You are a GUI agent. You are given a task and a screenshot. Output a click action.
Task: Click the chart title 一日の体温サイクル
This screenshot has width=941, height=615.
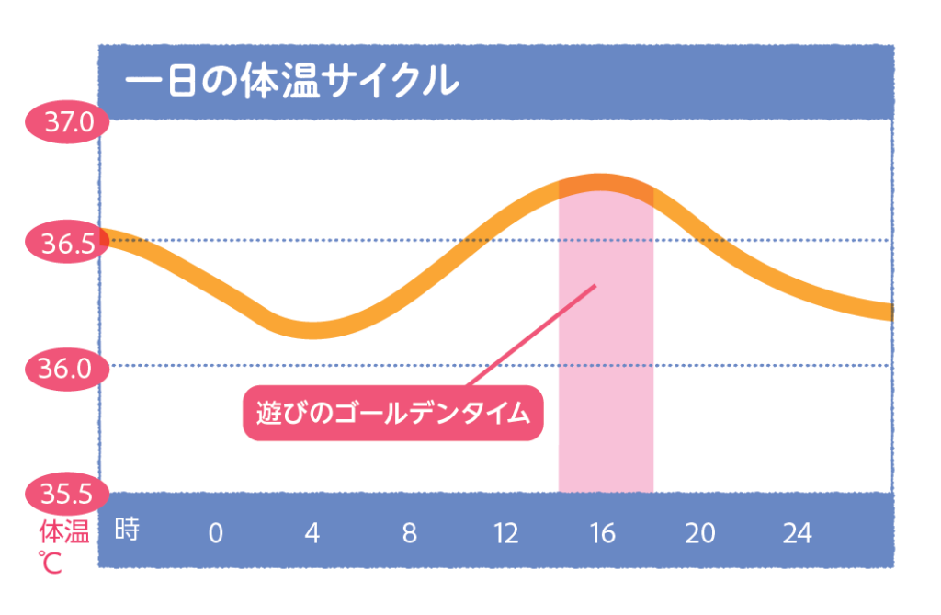point(291,82)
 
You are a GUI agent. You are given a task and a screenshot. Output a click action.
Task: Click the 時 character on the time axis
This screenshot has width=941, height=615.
point(127,530)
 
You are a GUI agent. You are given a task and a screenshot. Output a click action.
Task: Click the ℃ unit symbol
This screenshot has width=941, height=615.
point(50,561)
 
